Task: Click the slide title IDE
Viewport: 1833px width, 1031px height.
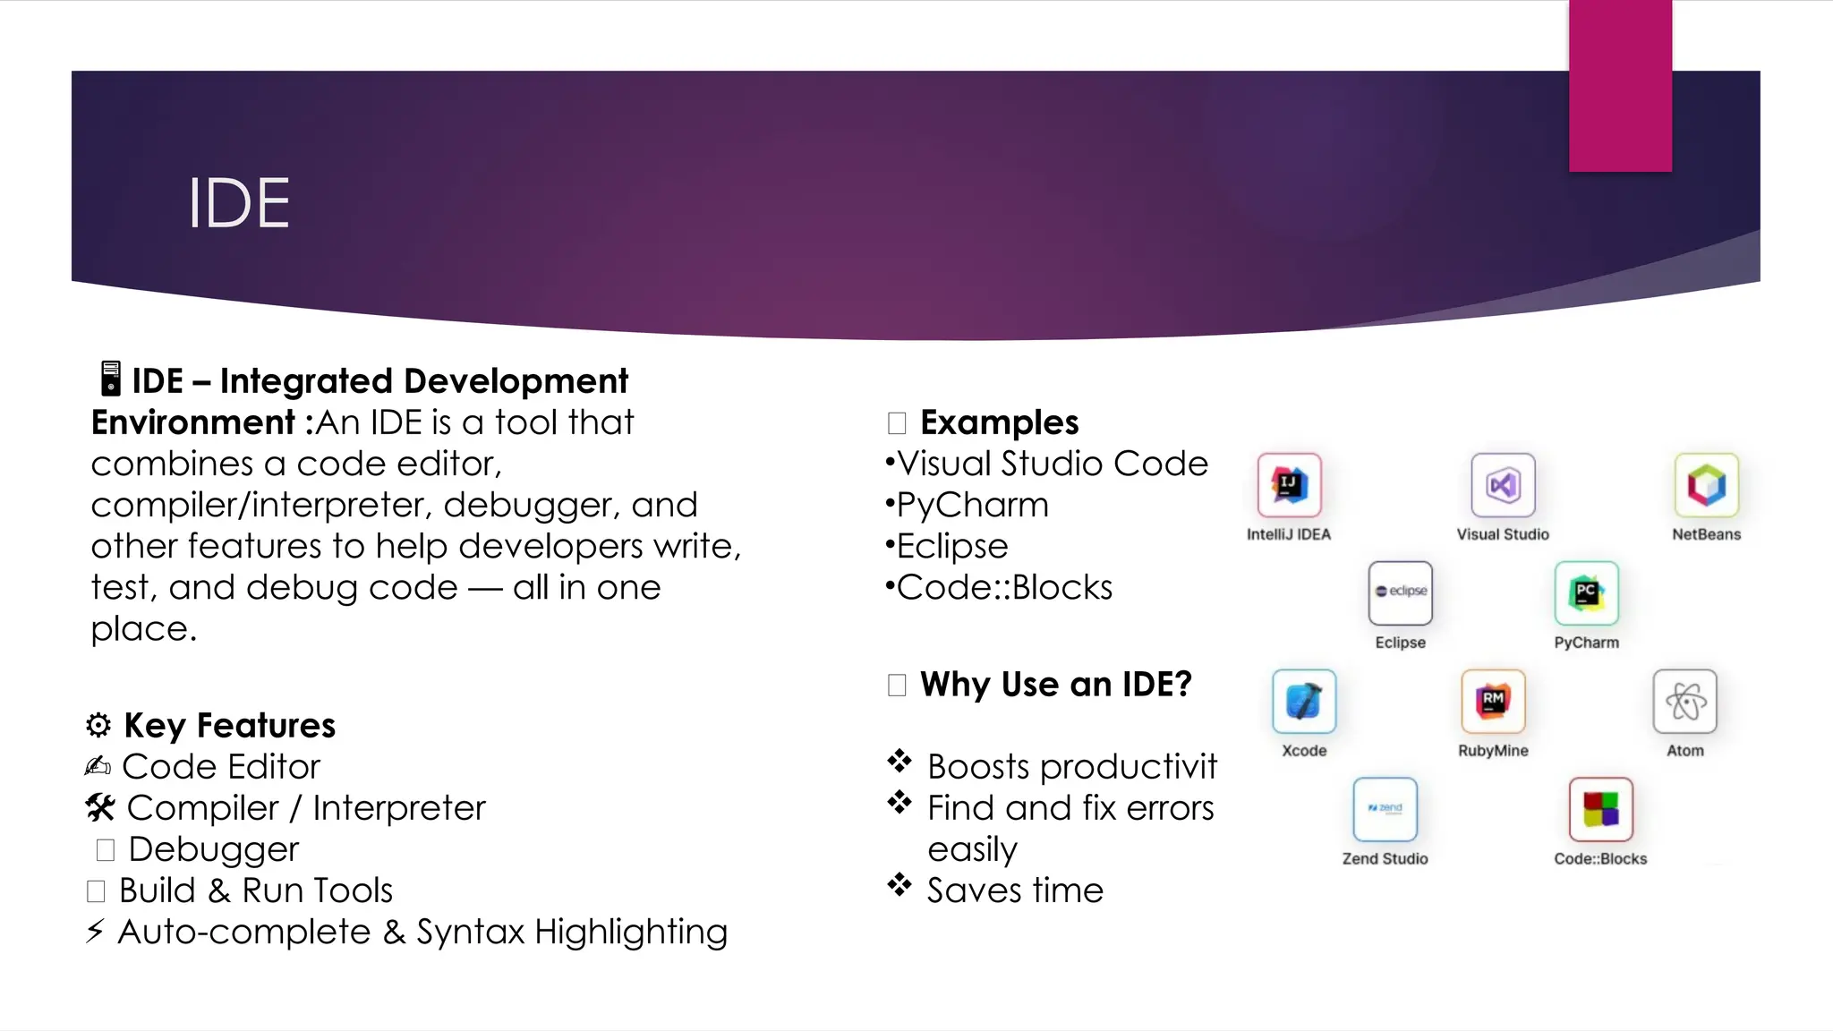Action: pos(238,204)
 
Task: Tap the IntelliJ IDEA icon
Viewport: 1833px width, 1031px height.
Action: pos(1289,485)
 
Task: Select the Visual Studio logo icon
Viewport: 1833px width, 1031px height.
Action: pos(1503,485)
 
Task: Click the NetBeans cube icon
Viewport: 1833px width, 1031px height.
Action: pos(1706,485)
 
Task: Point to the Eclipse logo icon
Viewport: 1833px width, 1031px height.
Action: pos(1400,592)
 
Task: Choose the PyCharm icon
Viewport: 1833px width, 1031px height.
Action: pos(1586,592)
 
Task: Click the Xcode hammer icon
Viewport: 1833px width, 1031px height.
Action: pos(1304,701)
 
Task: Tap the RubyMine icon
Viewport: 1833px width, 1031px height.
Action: pos(1493,701)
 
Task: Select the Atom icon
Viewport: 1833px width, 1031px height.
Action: pos(1684,701)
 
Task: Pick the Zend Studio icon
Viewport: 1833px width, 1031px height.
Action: pos(1385,809)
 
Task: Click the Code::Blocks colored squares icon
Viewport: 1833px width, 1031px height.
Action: pos(1600,809)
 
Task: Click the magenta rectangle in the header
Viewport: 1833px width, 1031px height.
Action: pos(1620,86)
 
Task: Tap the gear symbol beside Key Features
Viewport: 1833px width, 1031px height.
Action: pos(98,725)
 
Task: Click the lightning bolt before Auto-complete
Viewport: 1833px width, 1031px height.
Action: pos(95,931)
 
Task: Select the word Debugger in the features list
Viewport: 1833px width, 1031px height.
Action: pos(213,848)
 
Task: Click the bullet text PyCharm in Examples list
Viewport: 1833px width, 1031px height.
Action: pos(972,505)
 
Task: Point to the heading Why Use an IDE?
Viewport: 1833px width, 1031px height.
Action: pos(1055,685)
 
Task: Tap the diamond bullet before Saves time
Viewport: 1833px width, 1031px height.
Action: pos(899,886)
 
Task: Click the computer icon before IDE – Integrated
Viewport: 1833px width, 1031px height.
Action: pos(110,379)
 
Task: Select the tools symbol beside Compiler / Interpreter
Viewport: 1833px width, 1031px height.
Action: pos(100,807)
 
